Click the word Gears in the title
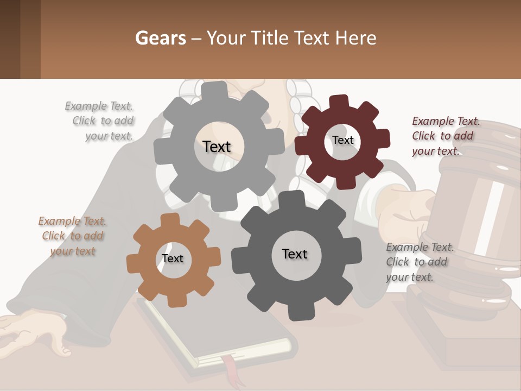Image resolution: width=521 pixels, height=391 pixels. [x=160, y=38]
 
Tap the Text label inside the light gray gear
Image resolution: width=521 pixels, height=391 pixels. [x=217, y=147]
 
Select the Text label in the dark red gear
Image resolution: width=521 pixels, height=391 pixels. [x=343, y=140]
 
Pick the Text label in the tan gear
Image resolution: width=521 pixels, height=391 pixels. [x=173, y=259]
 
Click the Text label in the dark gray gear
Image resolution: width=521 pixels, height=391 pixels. [x=295, y=254]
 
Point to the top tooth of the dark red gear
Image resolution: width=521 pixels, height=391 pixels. [x=339, y=102]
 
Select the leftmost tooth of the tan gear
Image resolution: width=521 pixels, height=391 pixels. [x=132, y=264]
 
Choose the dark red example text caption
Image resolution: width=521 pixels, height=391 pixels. [x=445, y=136]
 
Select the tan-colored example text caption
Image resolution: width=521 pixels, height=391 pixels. [x=72, y=236]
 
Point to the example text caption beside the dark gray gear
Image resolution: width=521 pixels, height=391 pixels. [x=418, y=262]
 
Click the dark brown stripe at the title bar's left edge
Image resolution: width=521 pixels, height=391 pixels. [x=10, y=39]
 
